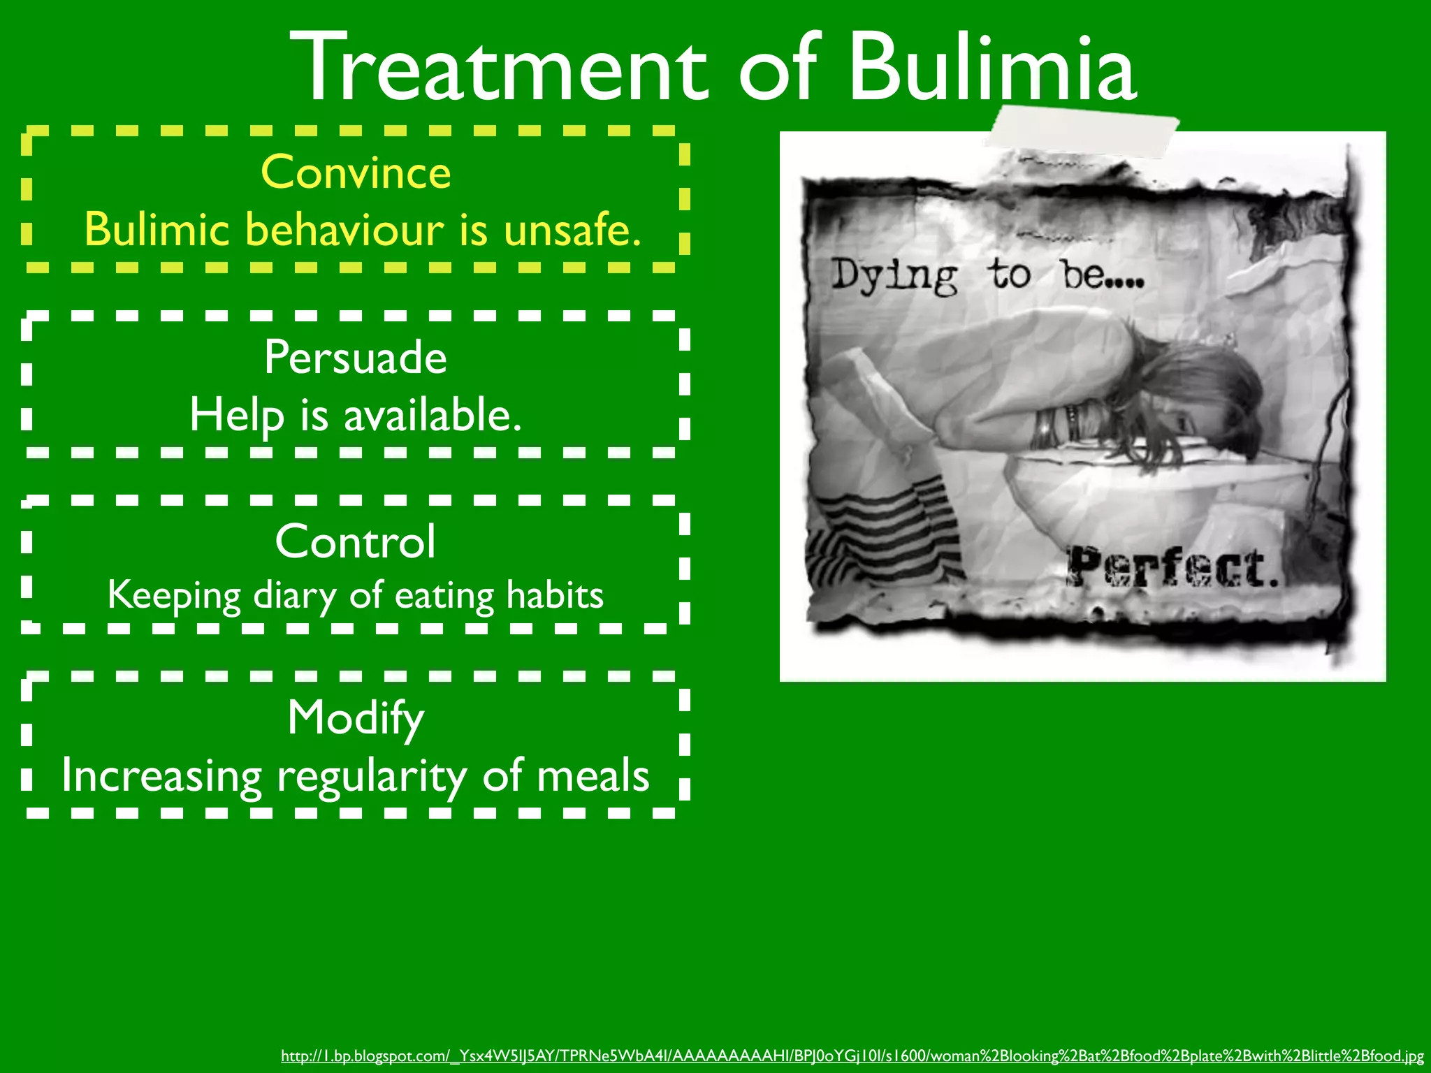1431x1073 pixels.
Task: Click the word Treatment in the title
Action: pos(499,68)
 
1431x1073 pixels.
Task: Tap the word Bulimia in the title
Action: pos(992,68)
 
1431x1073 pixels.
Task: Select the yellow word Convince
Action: pos(356,172)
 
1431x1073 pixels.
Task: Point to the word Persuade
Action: pos(355,357)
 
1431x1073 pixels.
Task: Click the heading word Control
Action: pos(355,541)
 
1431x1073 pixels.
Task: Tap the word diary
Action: pos(294,596)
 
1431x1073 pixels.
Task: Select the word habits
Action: pos(554,595)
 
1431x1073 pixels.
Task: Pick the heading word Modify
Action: pos(355,718)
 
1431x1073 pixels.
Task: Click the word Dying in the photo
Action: pos(894,276)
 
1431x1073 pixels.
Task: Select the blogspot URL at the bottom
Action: pos(852,1056)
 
